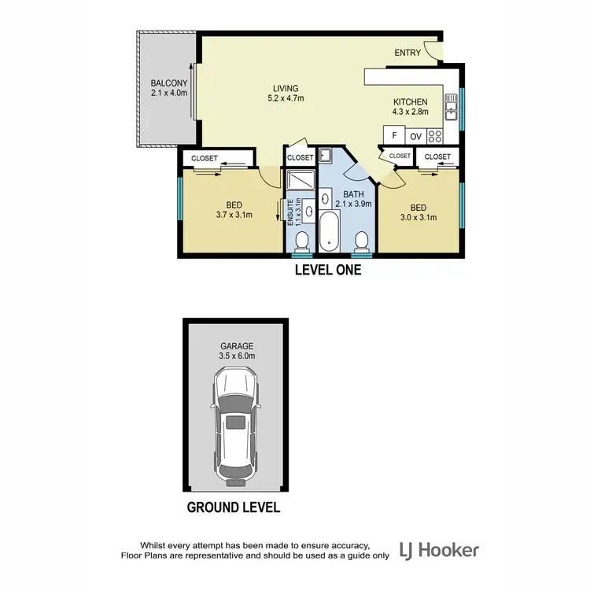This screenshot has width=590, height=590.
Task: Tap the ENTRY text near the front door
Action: click(407, 53)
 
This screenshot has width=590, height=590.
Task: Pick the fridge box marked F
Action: click(394, 136)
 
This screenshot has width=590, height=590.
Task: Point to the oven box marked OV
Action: click(415, 136)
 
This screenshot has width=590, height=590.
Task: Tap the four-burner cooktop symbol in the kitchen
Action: click(434, 135)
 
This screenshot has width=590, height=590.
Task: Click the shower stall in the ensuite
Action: click(300, 182)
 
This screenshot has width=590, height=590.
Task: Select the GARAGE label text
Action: click(236, 345)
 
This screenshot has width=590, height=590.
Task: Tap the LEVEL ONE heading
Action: click(327, 270)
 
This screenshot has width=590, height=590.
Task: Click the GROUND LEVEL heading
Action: click(233, 507)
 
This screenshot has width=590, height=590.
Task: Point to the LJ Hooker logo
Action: click(439, 549)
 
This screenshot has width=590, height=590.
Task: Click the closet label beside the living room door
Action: click(300, 157)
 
